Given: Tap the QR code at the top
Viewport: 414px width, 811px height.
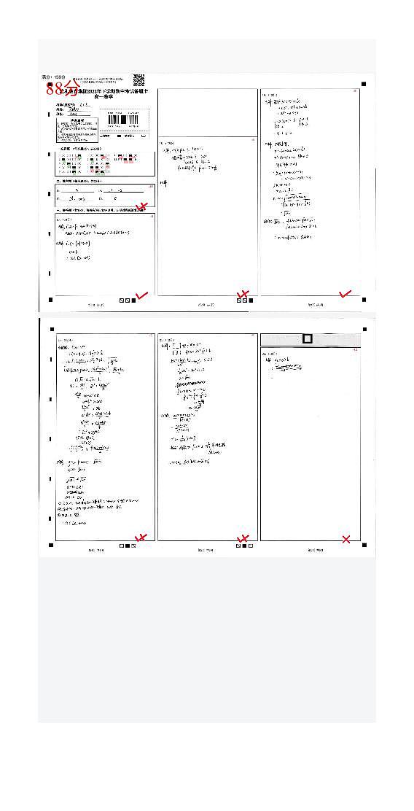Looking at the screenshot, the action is tap(138, 79).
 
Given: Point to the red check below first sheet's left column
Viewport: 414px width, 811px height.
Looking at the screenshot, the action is tap(142, 295).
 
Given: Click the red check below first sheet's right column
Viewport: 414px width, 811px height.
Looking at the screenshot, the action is tap(345, 294).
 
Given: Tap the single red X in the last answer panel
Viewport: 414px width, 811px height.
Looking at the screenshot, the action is tap(346, 540).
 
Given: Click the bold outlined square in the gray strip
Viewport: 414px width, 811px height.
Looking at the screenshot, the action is tap(308, 339).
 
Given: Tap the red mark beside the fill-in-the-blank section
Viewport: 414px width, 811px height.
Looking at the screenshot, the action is tap(144, 207).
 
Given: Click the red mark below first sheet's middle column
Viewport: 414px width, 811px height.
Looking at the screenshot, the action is tap(244, 295).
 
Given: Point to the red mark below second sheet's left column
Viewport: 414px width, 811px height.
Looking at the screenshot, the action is tap(141, 538).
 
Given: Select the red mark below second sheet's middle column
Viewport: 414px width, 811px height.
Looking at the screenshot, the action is tap(244, 540).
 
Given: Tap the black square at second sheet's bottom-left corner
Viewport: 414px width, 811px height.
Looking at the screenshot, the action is tap(50, 545).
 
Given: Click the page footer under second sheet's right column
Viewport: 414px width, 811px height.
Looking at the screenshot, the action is tap(310, 551).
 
